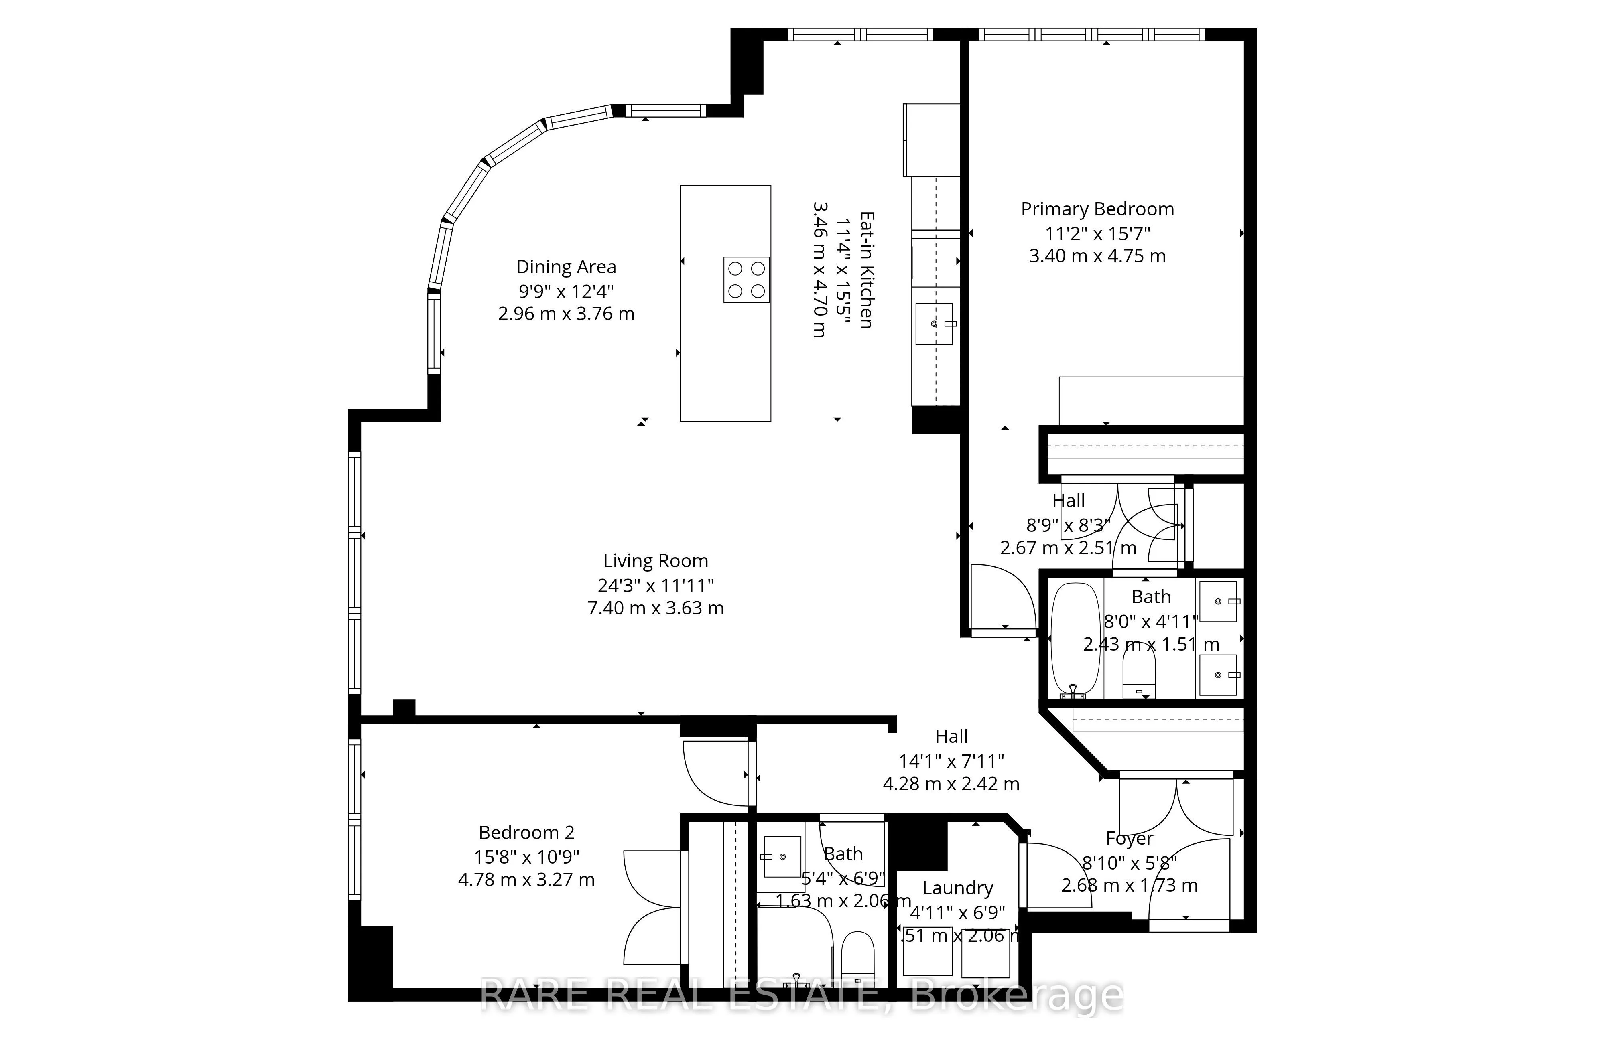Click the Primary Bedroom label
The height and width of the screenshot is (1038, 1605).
[x=1097, y=210]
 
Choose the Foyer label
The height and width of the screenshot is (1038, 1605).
[x=1130, y=839]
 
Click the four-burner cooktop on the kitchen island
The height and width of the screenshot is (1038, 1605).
[x=747, y=280]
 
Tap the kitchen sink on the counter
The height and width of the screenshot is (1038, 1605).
[x=935, y=324]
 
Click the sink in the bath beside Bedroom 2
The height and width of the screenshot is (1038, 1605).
[x=782, y=857]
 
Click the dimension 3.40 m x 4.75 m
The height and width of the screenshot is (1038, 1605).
[x=1097, y=256]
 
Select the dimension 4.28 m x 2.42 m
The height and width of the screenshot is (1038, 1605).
[x=951, y=784]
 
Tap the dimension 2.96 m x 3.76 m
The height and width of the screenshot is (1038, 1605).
[x=566, y=314]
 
